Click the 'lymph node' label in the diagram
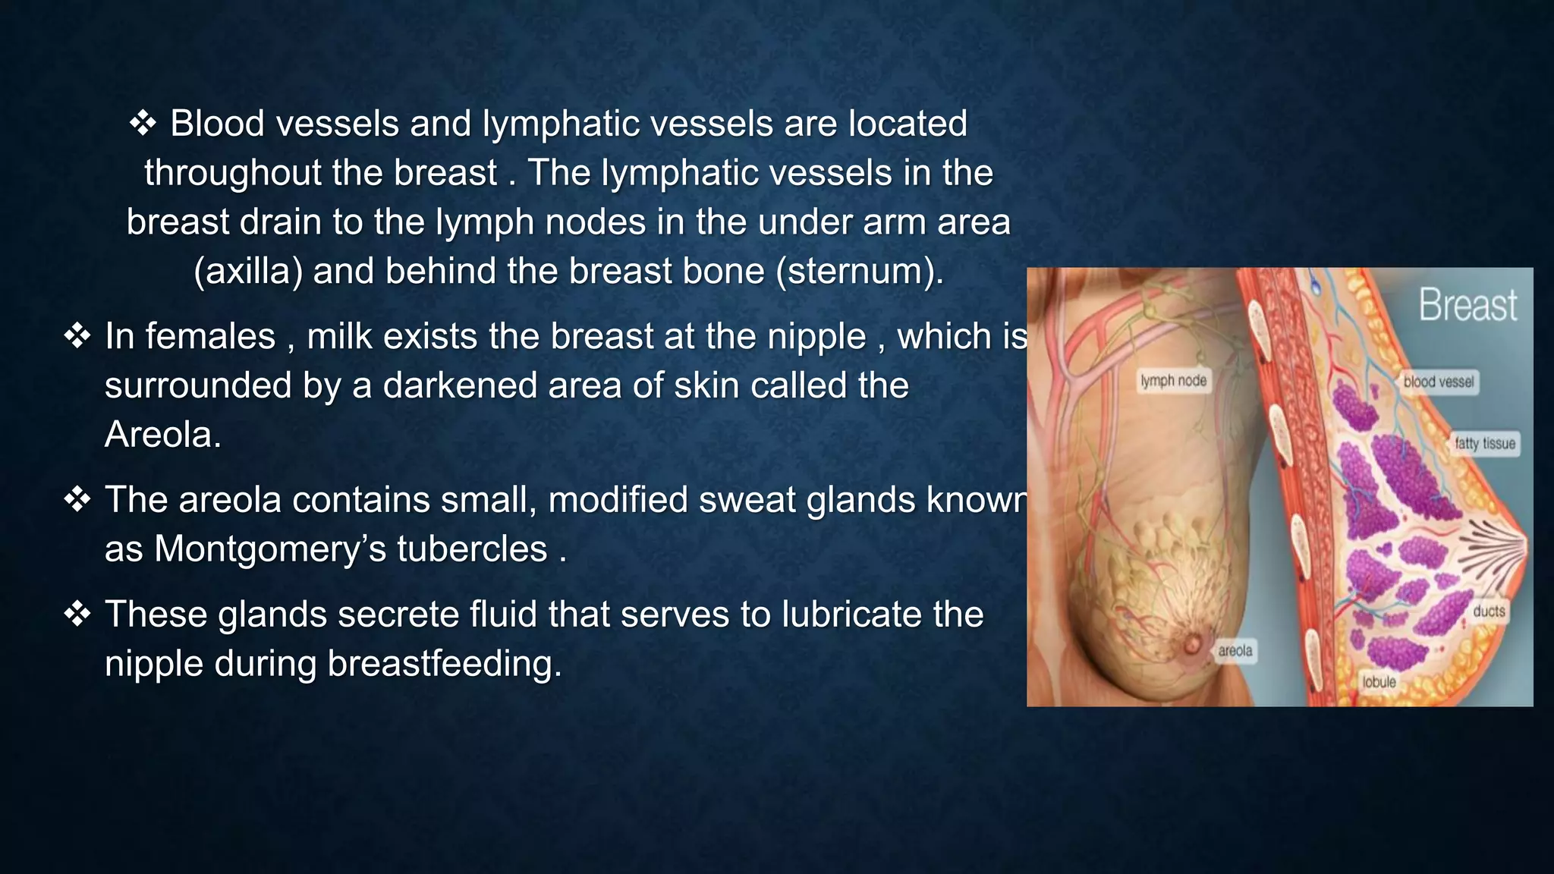tap(1173, 381)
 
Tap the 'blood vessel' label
tap(1438, 382)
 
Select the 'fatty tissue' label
tap(1485, 444)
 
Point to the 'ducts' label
tap(1489, 611)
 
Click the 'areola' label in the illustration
tap(1235, 651)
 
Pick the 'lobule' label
tap(1379, 682)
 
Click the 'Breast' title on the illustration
tap(1467, 306)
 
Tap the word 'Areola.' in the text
tap(163, 435)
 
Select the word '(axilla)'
tap(247, 271)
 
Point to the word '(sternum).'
tap(860, 271)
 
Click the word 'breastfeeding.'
tap(445, 663)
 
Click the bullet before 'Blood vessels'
tap(143, 123)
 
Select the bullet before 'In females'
tap(77, 335)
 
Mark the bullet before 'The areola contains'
tap(77, 499)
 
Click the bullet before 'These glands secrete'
tap(77, 614)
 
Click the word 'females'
tap(210, 336)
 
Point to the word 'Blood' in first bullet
tap(217, 123)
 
